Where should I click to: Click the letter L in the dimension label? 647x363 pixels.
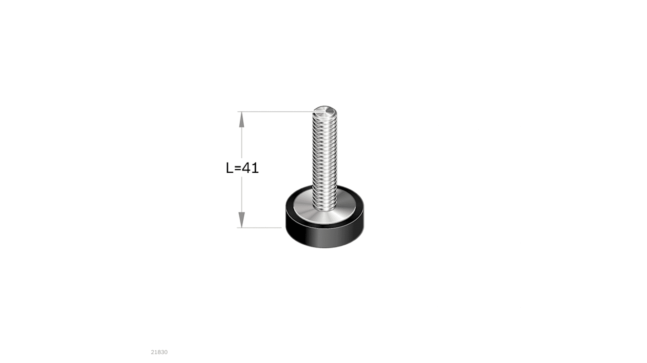[x=230, y=168]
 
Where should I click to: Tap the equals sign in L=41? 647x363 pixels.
[x=237, y=168]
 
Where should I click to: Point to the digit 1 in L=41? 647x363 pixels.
[x=255, y=168]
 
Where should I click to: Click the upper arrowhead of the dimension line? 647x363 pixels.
[x=241, y=119]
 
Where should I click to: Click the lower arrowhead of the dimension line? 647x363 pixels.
[x=241, y=220]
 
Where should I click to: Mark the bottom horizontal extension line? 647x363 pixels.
[x=259, y=227]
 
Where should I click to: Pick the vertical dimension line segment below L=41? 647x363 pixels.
[x=241, y=202]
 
